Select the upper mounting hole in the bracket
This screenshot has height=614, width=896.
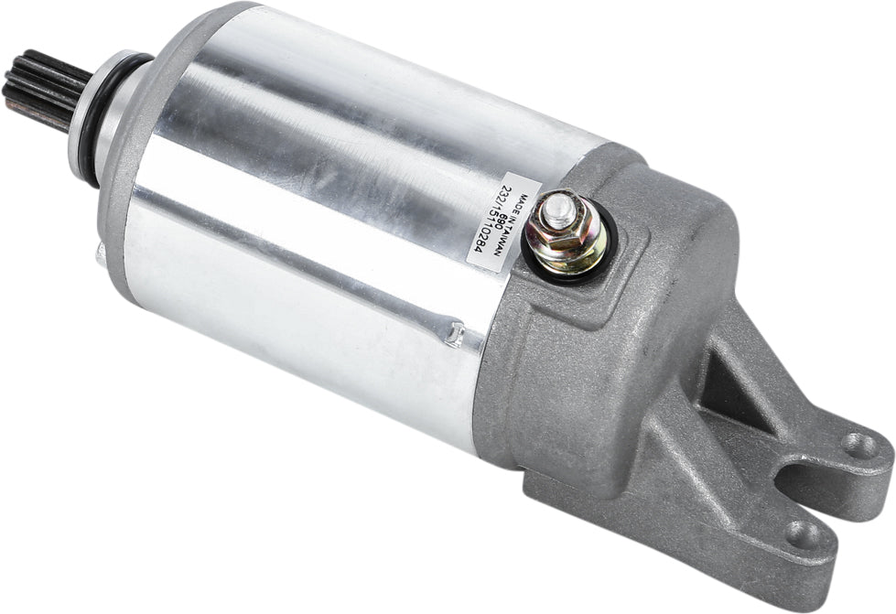(858, 446)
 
